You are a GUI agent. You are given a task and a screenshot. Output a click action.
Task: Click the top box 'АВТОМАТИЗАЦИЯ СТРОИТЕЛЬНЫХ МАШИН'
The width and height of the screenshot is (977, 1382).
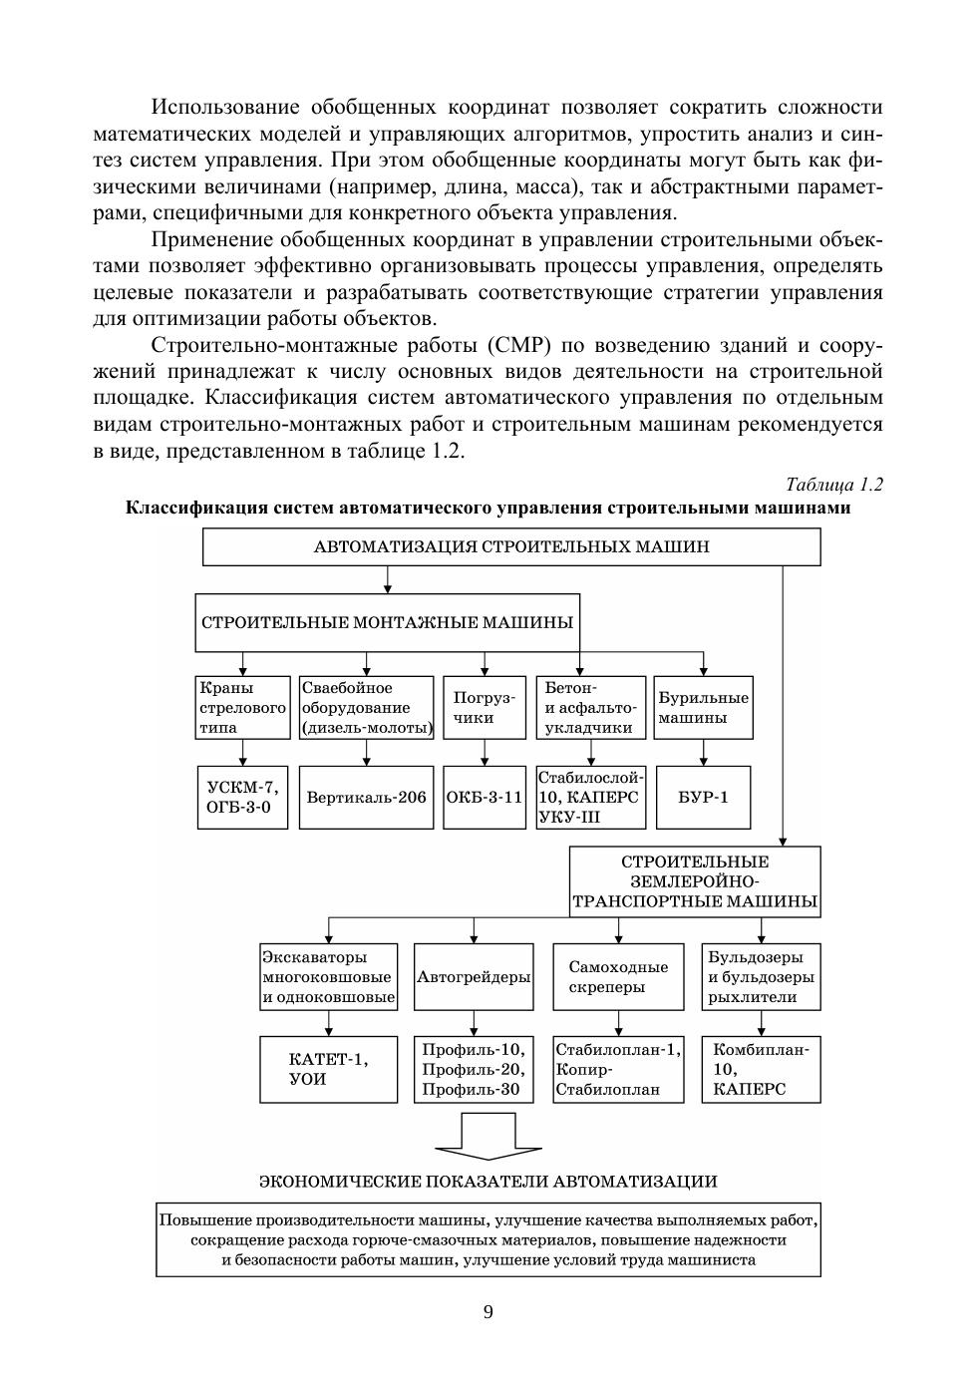511,546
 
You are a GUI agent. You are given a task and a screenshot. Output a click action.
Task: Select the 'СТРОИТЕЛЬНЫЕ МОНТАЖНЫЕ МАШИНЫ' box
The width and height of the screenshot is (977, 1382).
387,622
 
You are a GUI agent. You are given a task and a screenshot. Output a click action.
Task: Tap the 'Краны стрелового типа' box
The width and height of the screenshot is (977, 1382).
242,707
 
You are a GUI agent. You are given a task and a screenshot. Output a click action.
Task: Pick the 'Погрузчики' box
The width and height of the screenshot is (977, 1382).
485,707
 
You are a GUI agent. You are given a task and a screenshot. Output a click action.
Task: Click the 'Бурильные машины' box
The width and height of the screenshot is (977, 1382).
703,707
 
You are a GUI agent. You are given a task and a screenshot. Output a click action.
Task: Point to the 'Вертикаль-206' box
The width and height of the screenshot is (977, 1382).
366,797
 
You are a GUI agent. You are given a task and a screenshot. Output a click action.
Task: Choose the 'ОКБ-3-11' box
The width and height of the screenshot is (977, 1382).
485,797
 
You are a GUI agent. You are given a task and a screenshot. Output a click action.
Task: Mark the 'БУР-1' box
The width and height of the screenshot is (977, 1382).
703,797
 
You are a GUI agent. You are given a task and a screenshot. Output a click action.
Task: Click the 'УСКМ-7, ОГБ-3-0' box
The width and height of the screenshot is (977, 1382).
242,797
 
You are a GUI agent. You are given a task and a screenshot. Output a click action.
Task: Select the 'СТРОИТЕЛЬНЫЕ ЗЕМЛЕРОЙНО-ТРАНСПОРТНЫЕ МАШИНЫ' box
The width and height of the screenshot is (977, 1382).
695,881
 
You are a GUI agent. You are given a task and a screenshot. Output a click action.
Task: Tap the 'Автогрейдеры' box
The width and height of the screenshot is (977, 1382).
474,977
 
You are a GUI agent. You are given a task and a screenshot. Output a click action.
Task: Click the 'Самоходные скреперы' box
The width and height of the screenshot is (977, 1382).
618,977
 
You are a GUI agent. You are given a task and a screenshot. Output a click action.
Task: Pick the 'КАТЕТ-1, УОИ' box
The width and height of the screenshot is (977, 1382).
328,1069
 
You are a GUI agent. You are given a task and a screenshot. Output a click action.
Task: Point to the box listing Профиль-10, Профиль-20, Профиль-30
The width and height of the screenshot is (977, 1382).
474,1069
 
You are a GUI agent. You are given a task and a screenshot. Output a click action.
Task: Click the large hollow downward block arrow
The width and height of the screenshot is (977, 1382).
488,1136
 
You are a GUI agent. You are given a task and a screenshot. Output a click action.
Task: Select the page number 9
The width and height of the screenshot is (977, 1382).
488,1311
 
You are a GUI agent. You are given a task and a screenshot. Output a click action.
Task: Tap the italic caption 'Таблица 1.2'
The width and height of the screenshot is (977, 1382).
833,485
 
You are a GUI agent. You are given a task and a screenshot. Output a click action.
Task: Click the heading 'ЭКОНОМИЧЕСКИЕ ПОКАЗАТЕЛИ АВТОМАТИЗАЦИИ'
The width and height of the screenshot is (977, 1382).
488,1182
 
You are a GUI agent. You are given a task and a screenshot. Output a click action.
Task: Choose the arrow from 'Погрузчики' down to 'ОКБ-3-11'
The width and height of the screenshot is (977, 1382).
485,752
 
